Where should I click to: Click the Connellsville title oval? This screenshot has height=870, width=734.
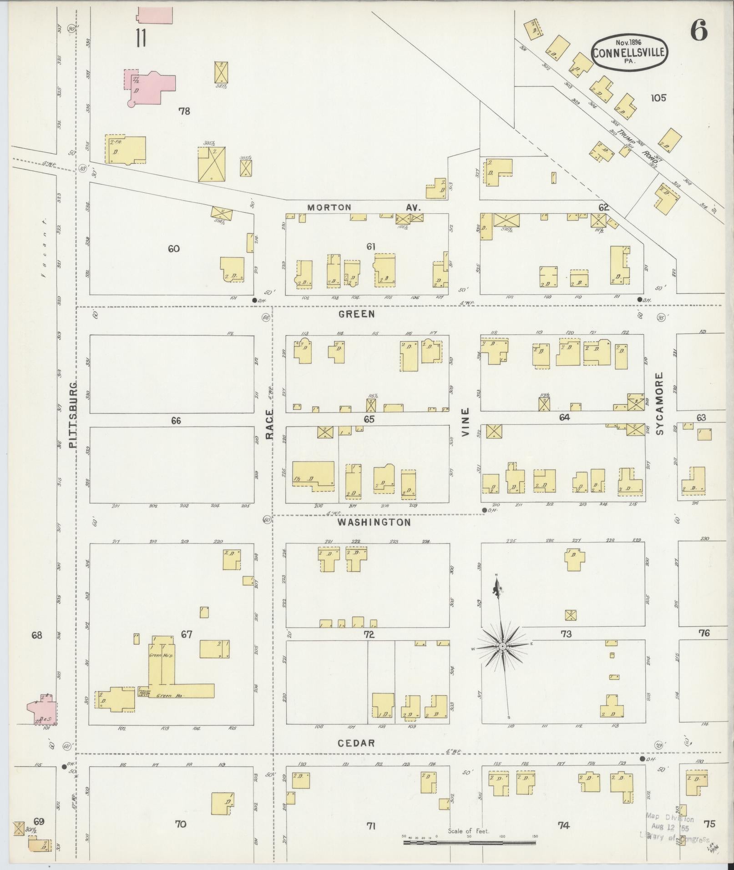(629, 53)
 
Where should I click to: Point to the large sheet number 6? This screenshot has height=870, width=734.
(699, 30)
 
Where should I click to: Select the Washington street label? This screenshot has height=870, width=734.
(374, 523)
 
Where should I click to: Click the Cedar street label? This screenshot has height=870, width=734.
(356, 743)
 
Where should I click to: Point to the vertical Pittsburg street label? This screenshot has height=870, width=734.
(75, 415)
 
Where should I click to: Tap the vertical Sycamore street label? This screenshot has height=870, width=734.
(659, 403)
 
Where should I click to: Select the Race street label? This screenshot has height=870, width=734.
(269, 424)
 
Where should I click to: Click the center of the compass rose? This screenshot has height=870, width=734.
(502, 646)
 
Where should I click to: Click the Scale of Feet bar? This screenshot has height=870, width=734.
(469, 843)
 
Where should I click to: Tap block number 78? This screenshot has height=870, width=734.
(184, 111)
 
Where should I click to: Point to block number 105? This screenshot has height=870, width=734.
(658, 97)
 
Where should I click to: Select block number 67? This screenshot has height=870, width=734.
(187, 634)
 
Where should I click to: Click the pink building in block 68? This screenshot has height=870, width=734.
(42, 709)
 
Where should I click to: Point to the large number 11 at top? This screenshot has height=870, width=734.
(141, 38)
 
